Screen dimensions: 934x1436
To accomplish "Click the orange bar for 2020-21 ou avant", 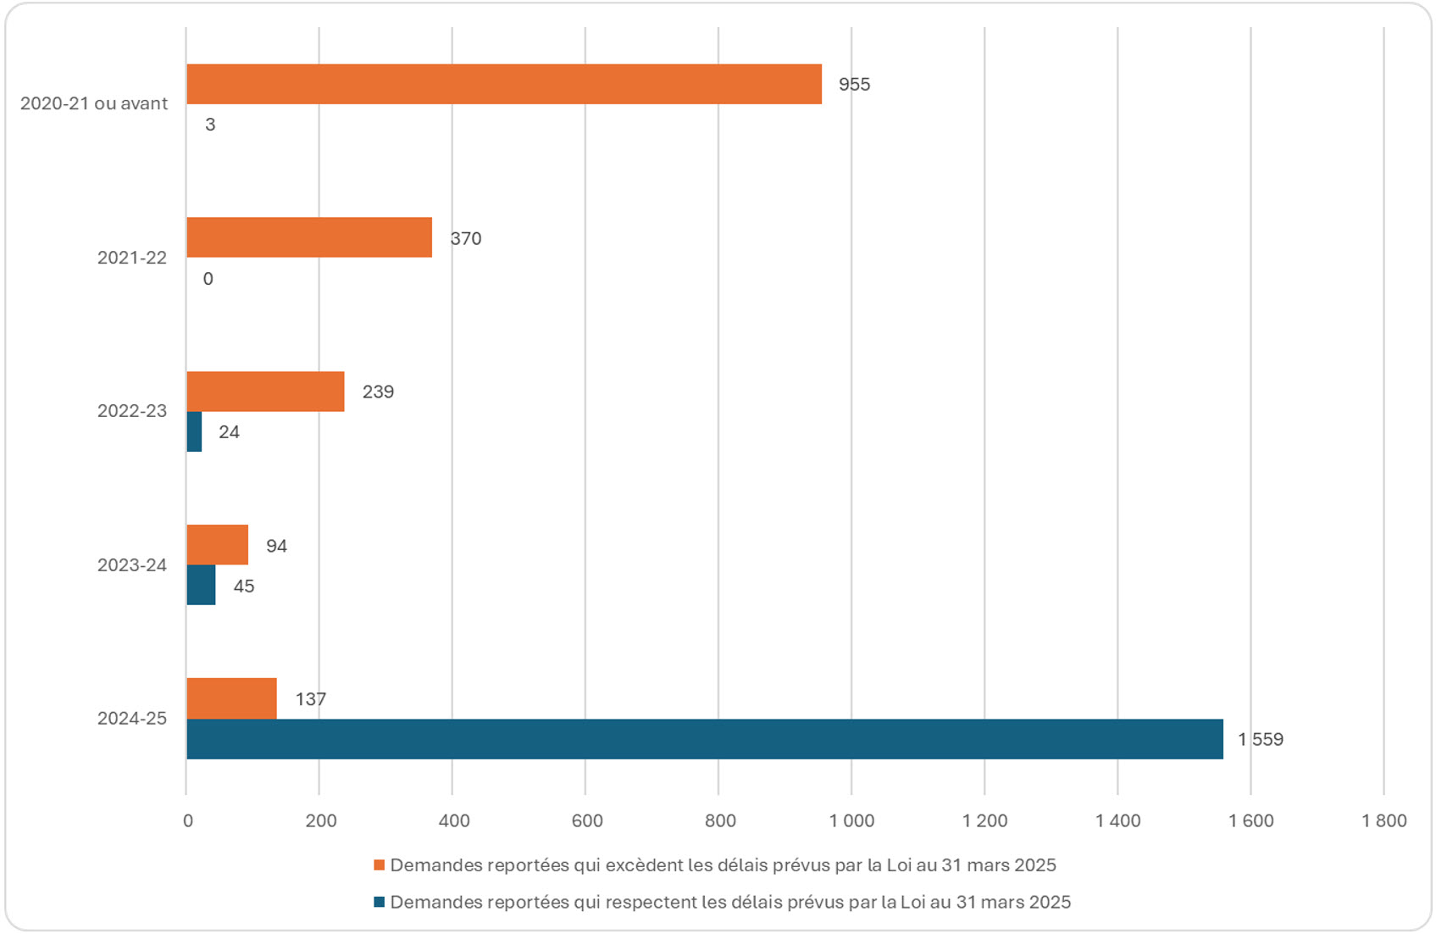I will [504, 84].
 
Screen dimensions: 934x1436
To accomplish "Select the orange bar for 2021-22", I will [309, 237].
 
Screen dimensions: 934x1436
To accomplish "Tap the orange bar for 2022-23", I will [265, 392].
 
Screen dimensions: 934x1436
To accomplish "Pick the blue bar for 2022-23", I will [194, 431].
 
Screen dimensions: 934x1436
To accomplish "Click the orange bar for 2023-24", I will [218, 545].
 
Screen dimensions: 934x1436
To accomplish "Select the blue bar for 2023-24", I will [201, 585].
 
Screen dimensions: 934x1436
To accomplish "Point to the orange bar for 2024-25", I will [231, 698].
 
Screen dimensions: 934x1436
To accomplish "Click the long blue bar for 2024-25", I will [704, 739].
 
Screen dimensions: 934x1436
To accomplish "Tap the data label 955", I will [854, 85].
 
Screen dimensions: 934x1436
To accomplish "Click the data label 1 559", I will [1261, 740].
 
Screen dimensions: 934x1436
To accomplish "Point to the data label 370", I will [466, 239].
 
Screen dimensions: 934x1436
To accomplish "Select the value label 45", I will [244, 587].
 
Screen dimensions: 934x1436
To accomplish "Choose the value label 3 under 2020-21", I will [210, 125].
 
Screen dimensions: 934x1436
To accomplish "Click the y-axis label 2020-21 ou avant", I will [94, 103].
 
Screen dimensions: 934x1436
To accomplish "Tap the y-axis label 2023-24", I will [132, 565].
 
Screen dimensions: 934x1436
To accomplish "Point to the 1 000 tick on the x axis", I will [851, 820].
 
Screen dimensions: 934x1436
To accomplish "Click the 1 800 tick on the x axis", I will [1383, 820].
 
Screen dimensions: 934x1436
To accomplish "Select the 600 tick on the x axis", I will [586, 820].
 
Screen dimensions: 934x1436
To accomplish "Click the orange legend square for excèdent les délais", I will [380, 865].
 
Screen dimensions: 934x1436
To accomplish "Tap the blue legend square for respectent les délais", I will [380, 903].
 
